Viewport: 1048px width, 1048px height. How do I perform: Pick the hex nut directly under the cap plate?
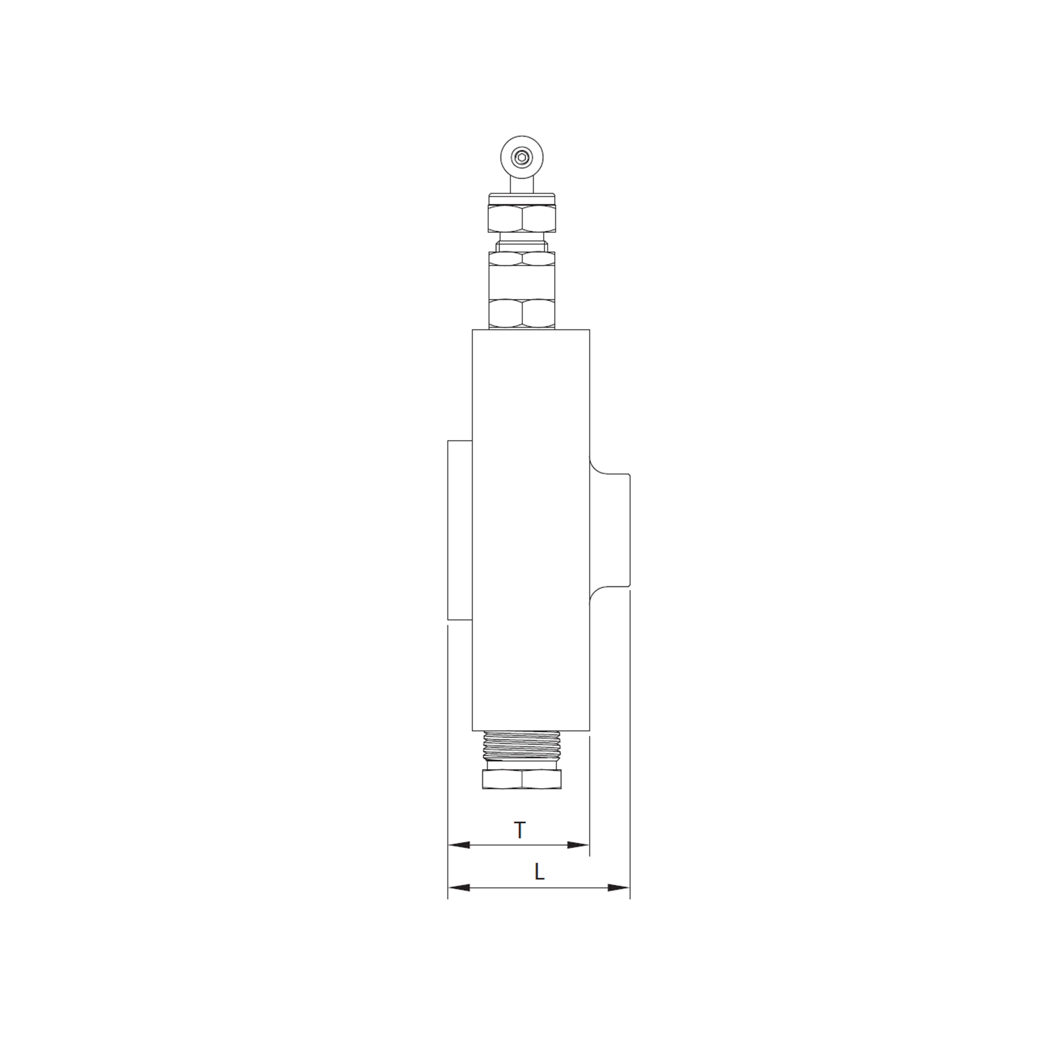522,219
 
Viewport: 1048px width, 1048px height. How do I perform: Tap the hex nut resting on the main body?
522,314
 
